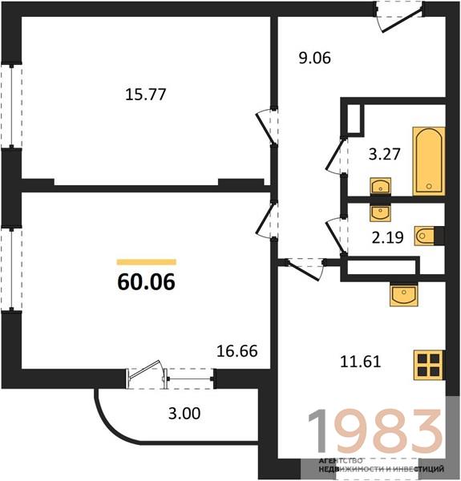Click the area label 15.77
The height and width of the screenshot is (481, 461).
point(146,94)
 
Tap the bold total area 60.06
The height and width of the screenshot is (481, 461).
point(146,282)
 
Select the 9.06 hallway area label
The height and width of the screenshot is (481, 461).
point(315,58)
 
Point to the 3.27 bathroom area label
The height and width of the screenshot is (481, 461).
point(384,154)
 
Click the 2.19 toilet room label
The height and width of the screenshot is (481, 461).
point(388,237)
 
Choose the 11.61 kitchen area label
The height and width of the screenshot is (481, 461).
point(361,362)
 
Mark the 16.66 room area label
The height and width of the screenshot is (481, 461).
point(237,351)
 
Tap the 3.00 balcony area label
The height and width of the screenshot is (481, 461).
point(184,413)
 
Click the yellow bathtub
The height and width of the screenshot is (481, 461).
point(429,161)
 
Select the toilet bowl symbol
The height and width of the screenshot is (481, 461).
point(424,236)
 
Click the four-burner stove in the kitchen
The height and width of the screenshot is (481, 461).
point(429,365)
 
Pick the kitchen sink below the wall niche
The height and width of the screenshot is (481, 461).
point(403,295)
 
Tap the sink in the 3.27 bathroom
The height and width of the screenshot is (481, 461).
point(380,186)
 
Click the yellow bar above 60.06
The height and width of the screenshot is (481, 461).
point(147,262)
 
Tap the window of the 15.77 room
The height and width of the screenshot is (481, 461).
point(12,106)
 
